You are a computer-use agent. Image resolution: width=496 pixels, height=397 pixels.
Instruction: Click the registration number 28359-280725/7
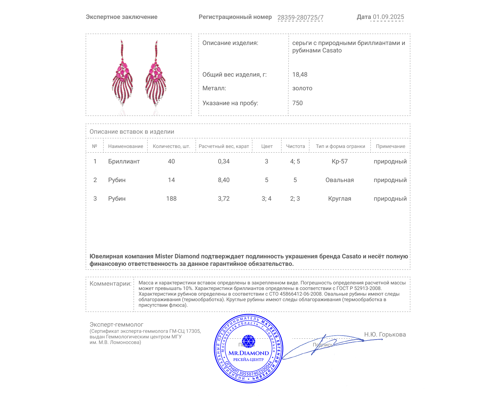tap(300, 17)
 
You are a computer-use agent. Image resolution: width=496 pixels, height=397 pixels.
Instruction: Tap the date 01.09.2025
tap(388, 17)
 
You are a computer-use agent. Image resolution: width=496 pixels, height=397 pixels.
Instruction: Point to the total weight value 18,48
tap(300, 75)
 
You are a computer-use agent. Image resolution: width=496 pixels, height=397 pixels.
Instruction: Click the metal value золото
tap(302, 88)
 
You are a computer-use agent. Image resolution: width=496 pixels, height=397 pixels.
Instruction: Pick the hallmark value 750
tap(297, 103)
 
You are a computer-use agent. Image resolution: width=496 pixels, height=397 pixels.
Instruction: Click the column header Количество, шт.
tap(171, 146)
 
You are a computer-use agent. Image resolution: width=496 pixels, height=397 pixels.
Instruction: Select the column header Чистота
tap(295, 146)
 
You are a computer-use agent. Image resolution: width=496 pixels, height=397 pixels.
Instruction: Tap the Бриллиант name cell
tap(124, 162)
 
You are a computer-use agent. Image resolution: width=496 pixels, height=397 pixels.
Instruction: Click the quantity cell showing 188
tap(171, 199)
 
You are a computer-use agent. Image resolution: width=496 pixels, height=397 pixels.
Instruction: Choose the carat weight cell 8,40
tap(224, 180)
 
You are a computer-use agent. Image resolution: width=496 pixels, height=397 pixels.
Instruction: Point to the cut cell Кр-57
tap(340, 162)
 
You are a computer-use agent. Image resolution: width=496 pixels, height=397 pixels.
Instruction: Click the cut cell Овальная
tap(340, 180)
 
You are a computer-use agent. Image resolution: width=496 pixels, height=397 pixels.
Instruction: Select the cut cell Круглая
tap(340, 199)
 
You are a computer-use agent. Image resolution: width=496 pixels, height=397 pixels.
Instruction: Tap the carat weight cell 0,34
tap(224, 162)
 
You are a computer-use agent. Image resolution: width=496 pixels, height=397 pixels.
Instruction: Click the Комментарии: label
tap(110, 284)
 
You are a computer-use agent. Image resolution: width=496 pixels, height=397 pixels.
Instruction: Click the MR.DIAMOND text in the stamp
tap(249, 353)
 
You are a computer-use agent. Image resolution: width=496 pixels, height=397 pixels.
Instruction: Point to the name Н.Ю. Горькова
tap(385, 335)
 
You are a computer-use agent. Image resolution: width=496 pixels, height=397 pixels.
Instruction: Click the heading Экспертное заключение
tap(122, 17)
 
